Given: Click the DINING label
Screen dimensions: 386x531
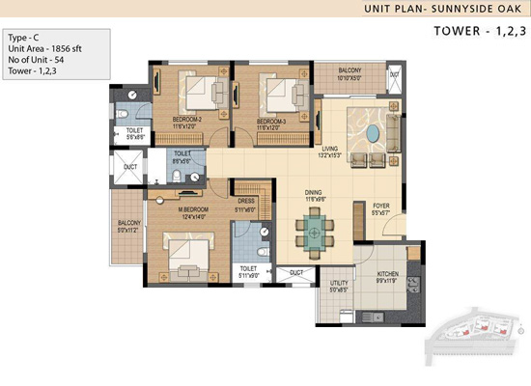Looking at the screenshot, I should [x=313, y=193].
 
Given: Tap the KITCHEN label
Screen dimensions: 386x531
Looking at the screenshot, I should [x=385, y=276].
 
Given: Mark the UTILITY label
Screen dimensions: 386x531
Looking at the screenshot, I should [x=338, y=283].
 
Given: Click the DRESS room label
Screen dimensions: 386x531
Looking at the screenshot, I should [x=245, y=204].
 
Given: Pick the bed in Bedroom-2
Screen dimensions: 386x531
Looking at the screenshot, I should [x=201, y=94].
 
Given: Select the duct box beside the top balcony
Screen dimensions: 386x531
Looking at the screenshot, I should [x=394, y=76].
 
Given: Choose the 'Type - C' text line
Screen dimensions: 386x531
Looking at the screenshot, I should [x=24, y=37].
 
